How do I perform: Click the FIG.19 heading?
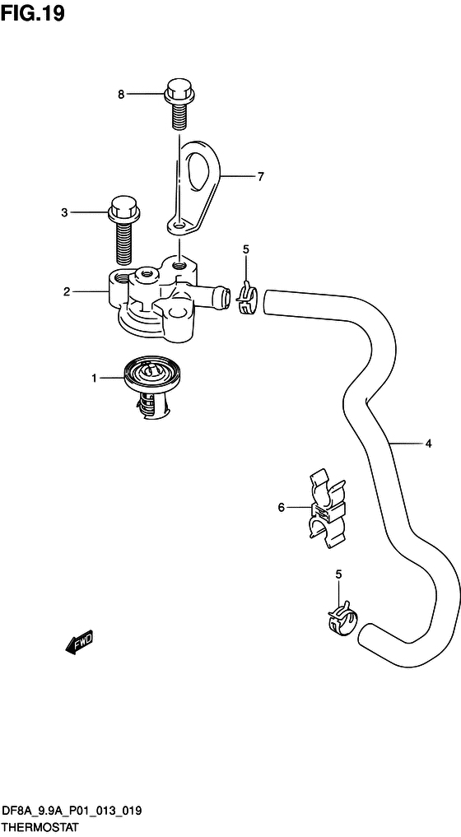(33, 13)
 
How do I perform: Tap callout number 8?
(121, 95)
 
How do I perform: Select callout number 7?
(260, 177)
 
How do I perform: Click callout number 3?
(65, 212)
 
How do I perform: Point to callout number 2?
(66, 292)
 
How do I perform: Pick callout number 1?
(94, 379)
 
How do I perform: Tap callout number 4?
(428, 443)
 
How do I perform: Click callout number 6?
(282, 507)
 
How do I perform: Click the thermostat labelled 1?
(150, 388)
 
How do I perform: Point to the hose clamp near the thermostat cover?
(246, 299)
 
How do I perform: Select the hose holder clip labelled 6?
(325, 508)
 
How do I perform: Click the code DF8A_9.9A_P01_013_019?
(72, 811)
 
